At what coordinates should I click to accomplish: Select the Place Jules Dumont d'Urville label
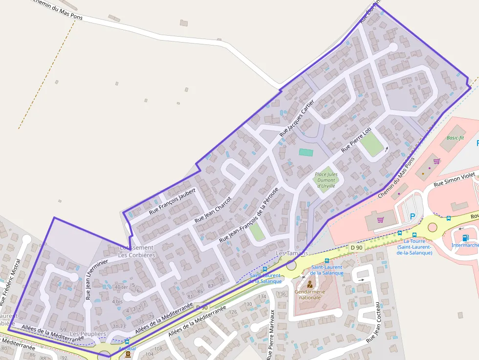pyautogui.click(x=326, y=180)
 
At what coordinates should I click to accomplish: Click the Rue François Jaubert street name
pyautogui.click(x=172, y=201)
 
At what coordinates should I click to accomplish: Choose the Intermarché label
pyautogui.click(x=465, y=245)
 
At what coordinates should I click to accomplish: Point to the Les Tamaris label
pyautogui.click(x=292, y=253)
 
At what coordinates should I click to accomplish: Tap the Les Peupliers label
pyautogui.click(x=88, y=334)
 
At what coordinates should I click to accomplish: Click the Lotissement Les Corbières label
pyautogui.click(x=137, y=251)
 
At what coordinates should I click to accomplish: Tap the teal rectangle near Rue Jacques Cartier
pyautogui.click(x=306, y=152)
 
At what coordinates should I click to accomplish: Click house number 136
pyautogui.click(x=282, y=294)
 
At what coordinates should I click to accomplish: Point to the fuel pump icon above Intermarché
pyautogui.click(x=464, y=237)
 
